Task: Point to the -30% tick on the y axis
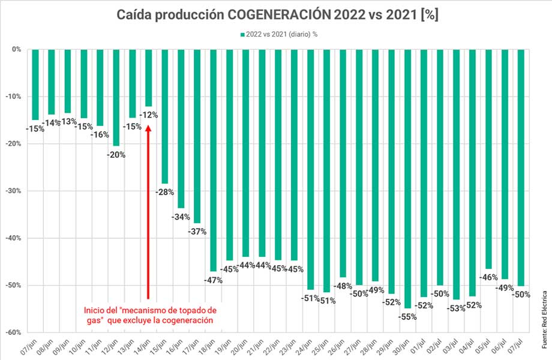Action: point(14,191)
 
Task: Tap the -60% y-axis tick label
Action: point(14,332)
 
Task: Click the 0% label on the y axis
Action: point(17,49)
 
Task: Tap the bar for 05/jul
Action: point(488,158)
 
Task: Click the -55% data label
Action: point(408,316)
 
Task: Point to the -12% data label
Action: point(148,114)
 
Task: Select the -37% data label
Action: point(197,231)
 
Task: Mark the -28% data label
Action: point(164,192)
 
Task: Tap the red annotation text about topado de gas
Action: point(149,316)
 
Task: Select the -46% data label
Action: point(488,277)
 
